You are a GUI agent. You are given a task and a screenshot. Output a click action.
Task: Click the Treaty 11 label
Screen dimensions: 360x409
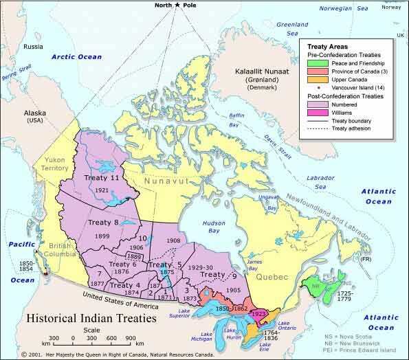tap(102, 177)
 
